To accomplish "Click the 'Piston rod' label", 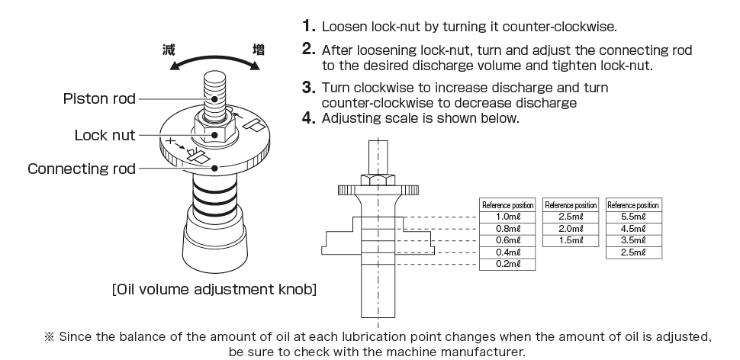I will [x=100, y=98].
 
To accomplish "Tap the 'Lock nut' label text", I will [x=105, y=135].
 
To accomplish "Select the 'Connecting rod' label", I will [x=81, y=168].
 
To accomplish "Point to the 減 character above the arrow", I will [x=169, y=50].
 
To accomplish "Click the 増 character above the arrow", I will [x=259, y=50].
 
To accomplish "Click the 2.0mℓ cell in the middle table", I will [x=570, y=229].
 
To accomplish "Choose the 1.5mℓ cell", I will [x=570, y=240].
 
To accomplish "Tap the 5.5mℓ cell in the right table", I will [x=632, y=217].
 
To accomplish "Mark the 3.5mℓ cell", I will [x=632, y=240].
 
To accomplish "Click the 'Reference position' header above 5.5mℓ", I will [x=632, y=205].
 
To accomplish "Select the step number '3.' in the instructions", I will [x=309, y=88].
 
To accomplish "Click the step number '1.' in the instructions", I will [x=309, y=27].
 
